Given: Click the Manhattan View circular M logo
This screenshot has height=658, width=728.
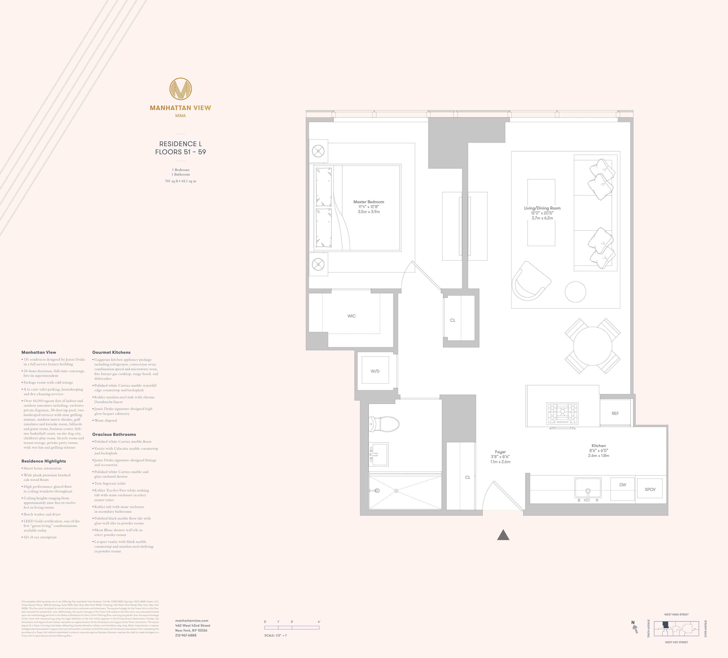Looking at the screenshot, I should tap(181, 89).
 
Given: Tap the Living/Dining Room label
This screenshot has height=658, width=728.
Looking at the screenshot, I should tap(542, 208).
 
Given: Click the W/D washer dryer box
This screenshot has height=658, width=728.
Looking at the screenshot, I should tap(375, 371).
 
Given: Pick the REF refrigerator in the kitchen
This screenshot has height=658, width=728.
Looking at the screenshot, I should tap(615, 413).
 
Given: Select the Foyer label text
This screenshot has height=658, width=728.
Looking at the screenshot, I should tap(500, 452).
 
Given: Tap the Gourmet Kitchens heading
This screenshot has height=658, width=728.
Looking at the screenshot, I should tap(111, 352).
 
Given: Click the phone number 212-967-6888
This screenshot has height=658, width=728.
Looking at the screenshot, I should tap(186, 635).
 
